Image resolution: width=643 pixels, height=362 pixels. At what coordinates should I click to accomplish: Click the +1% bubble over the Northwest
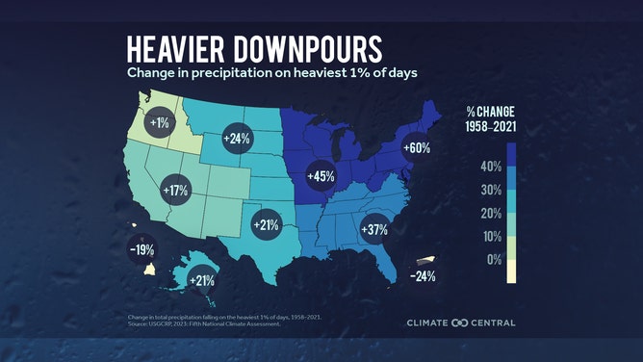(x=159, y=122)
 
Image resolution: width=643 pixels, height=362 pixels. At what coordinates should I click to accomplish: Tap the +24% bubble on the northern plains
(x=237, y=138)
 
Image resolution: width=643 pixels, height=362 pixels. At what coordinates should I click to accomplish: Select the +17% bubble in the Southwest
(x=175, y=189)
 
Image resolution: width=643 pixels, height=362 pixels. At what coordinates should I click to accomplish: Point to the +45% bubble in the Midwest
(x=320, y=176)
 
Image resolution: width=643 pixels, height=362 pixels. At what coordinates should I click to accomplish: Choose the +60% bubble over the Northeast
(x=415, y=148)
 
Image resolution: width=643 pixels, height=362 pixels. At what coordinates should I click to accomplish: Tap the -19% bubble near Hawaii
(x=141, y=250)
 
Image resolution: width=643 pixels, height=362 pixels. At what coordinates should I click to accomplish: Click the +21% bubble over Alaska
(x=201, y=281)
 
